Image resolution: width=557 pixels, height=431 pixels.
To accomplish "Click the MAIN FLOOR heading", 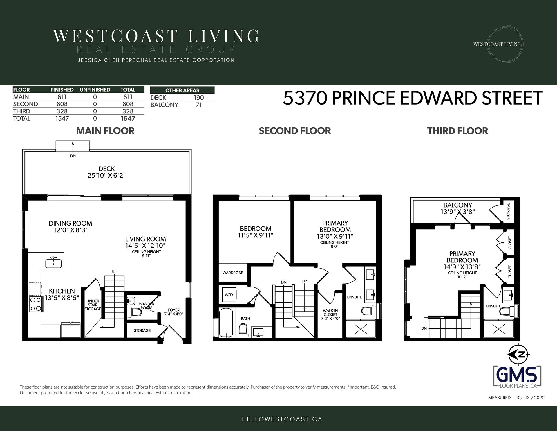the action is (105, 131).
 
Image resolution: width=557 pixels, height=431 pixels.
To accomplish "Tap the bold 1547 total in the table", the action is (128, 118).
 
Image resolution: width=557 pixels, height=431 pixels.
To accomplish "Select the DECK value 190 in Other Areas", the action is (199, 98).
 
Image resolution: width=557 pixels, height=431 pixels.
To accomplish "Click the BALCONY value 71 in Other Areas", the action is (199, 105).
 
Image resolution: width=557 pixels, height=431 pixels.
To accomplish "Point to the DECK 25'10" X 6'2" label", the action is (107, 172).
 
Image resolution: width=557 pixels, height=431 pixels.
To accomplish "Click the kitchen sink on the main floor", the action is (53, 263).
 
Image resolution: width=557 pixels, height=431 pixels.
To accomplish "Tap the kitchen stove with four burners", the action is (36, 304).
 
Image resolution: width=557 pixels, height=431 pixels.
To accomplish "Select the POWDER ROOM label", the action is (147, 306).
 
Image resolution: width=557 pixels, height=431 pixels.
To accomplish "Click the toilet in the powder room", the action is (135, 312).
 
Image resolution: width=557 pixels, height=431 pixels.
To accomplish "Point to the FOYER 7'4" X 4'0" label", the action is (174, 312).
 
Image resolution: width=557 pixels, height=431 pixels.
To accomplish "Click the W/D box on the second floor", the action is (229, 295).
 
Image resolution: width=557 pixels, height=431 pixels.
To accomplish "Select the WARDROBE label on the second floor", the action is (233, 273).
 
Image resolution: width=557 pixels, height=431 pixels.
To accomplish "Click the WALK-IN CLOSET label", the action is (330, 314).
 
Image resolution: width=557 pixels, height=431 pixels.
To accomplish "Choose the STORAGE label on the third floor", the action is (508, 211).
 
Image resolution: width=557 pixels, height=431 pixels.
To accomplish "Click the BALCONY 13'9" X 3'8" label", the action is (458, 208).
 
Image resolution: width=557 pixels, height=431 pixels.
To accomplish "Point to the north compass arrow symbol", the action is (518, 355).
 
